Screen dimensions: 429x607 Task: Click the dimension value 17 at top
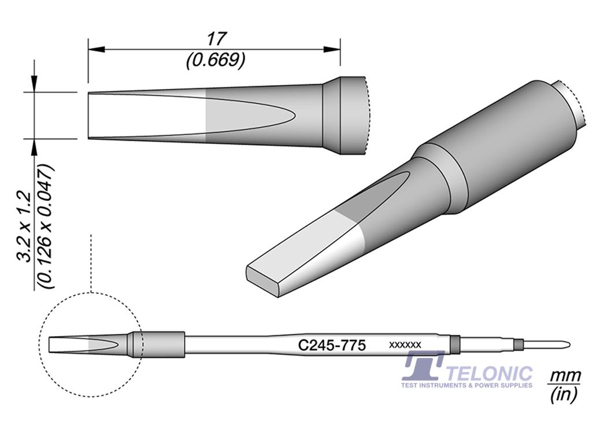click(214, 39)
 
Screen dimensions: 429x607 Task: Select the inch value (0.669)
click(214, 60)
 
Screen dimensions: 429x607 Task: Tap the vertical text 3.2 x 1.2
click(26, 228)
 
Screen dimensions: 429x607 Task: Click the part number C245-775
click(331, 345)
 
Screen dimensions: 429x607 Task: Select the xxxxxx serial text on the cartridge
click(405, 345)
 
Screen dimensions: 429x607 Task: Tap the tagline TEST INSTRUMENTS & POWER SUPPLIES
click(467, 384)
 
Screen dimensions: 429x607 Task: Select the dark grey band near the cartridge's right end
click(454, 345)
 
